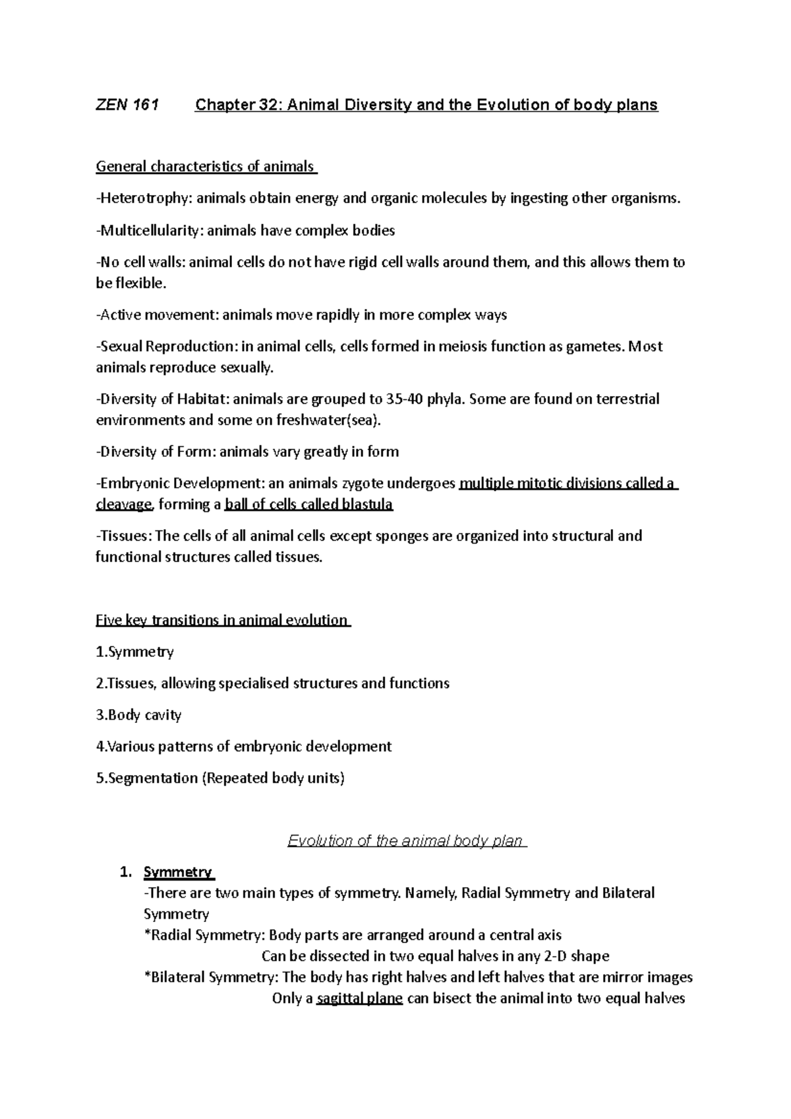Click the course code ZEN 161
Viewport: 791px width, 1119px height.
(x=127, y=105)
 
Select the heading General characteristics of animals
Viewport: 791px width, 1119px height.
(x=206, y=166)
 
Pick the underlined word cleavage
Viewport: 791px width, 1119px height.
(x=125, y=504)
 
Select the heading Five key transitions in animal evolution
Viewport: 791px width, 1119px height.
(x=222, y=620)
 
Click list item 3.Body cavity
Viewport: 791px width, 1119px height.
(x=138, y=715)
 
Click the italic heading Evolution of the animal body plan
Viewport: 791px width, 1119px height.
(x=406, y=841)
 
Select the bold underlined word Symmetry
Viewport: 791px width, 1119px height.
(x=178, y=873)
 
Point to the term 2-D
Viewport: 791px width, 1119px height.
(x=553, y=956)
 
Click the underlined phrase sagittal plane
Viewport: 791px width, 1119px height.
(x=359, y=998)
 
